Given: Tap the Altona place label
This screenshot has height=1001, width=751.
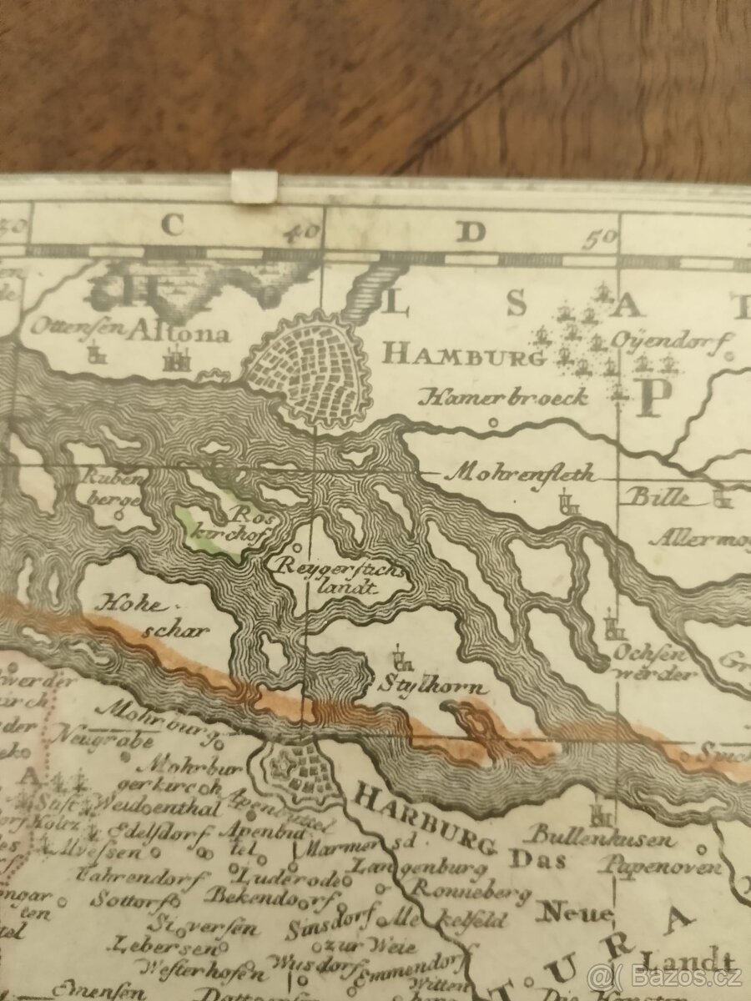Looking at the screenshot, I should click(x=178, y=334).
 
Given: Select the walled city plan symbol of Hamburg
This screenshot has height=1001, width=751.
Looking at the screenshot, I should click(x=309, y=369).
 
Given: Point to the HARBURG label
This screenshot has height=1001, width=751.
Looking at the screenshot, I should click(x=421, y=818).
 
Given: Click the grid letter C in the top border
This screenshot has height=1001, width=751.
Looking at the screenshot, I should click(x=172, y=226).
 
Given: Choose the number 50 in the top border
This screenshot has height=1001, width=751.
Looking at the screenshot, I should click(x=600, y=237).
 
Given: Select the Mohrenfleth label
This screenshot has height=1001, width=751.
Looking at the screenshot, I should click(x=523, y=474).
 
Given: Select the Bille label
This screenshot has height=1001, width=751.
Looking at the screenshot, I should click(x=658, y=498).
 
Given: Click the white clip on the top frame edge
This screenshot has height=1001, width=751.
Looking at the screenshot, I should click(x=254, y=186).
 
